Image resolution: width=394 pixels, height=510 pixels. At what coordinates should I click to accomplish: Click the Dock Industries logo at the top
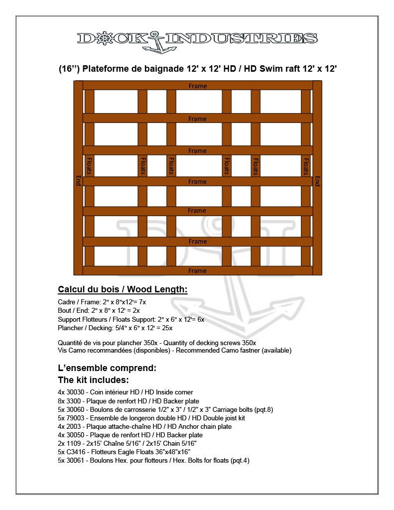point(197,39)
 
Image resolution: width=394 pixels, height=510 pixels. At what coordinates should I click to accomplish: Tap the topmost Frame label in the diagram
point(198,86)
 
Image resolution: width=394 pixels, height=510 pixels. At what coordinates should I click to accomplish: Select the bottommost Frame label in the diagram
point(198,271)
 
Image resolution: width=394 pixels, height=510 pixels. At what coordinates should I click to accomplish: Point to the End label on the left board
point(78,180)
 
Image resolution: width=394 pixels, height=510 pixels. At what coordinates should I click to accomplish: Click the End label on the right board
point(317,180)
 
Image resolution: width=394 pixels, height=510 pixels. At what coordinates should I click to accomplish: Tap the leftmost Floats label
point(90,166)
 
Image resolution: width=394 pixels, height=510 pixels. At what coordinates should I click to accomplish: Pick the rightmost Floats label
point(306,166)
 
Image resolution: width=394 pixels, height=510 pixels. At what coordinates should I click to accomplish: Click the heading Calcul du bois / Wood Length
point(123,289)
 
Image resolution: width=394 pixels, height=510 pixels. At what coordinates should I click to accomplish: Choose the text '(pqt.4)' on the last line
point(239,460)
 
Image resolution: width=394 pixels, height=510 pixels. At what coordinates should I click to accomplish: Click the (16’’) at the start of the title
point(69,69)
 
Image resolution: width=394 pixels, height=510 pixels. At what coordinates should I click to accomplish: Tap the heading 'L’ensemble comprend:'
point(107,369)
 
